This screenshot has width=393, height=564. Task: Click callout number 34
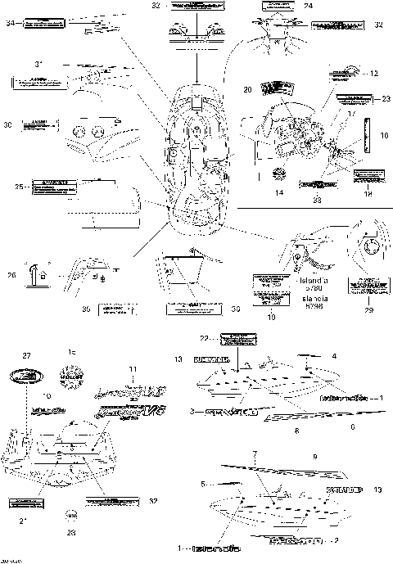coord(11,23)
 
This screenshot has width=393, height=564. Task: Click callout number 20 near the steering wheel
coord(247,88)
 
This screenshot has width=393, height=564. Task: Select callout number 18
coord(367,195)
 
